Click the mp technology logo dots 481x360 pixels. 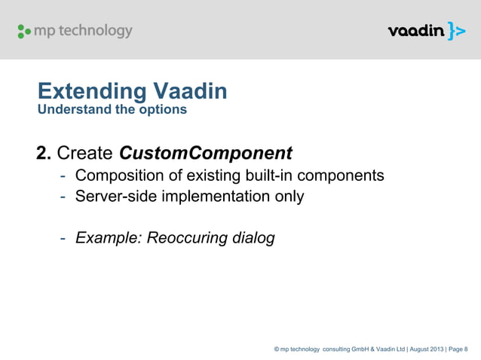click(x=25, y=32)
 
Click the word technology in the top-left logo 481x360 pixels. click(x=97, y=31)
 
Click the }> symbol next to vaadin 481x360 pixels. click(x=455, y=31)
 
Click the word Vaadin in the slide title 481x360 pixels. click(x=190, y=93)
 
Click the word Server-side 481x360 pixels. click(x=118, y=197)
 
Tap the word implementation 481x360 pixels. click(x=216, y=197)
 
